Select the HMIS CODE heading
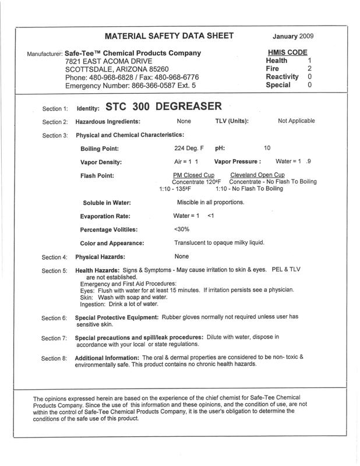coord(286,52)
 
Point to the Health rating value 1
coord(310,60)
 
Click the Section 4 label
coord(55,257)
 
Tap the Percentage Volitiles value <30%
coord(182,229)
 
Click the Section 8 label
coord(55,359)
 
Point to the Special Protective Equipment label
coord(117,317)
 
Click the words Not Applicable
coord(297,121)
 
